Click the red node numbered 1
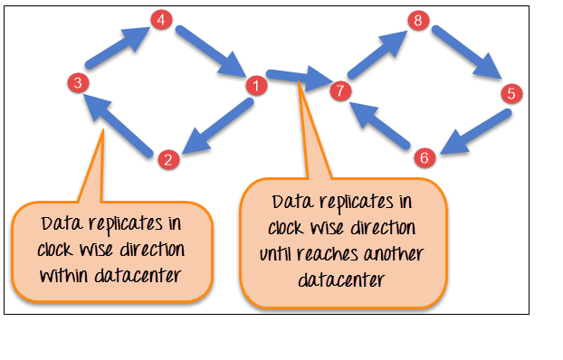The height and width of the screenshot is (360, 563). (x=256, y=87)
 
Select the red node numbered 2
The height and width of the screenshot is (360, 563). (x=167, y=159)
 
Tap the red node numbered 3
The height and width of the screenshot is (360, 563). (x=79, y=83)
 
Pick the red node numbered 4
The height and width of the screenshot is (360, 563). (x=161, y=19)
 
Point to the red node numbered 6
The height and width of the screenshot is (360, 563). (x=424, y=157)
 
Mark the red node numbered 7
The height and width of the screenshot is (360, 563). (x=339, y=90)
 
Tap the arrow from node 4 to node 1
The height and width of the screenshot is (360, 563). (x=210, y=51)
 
